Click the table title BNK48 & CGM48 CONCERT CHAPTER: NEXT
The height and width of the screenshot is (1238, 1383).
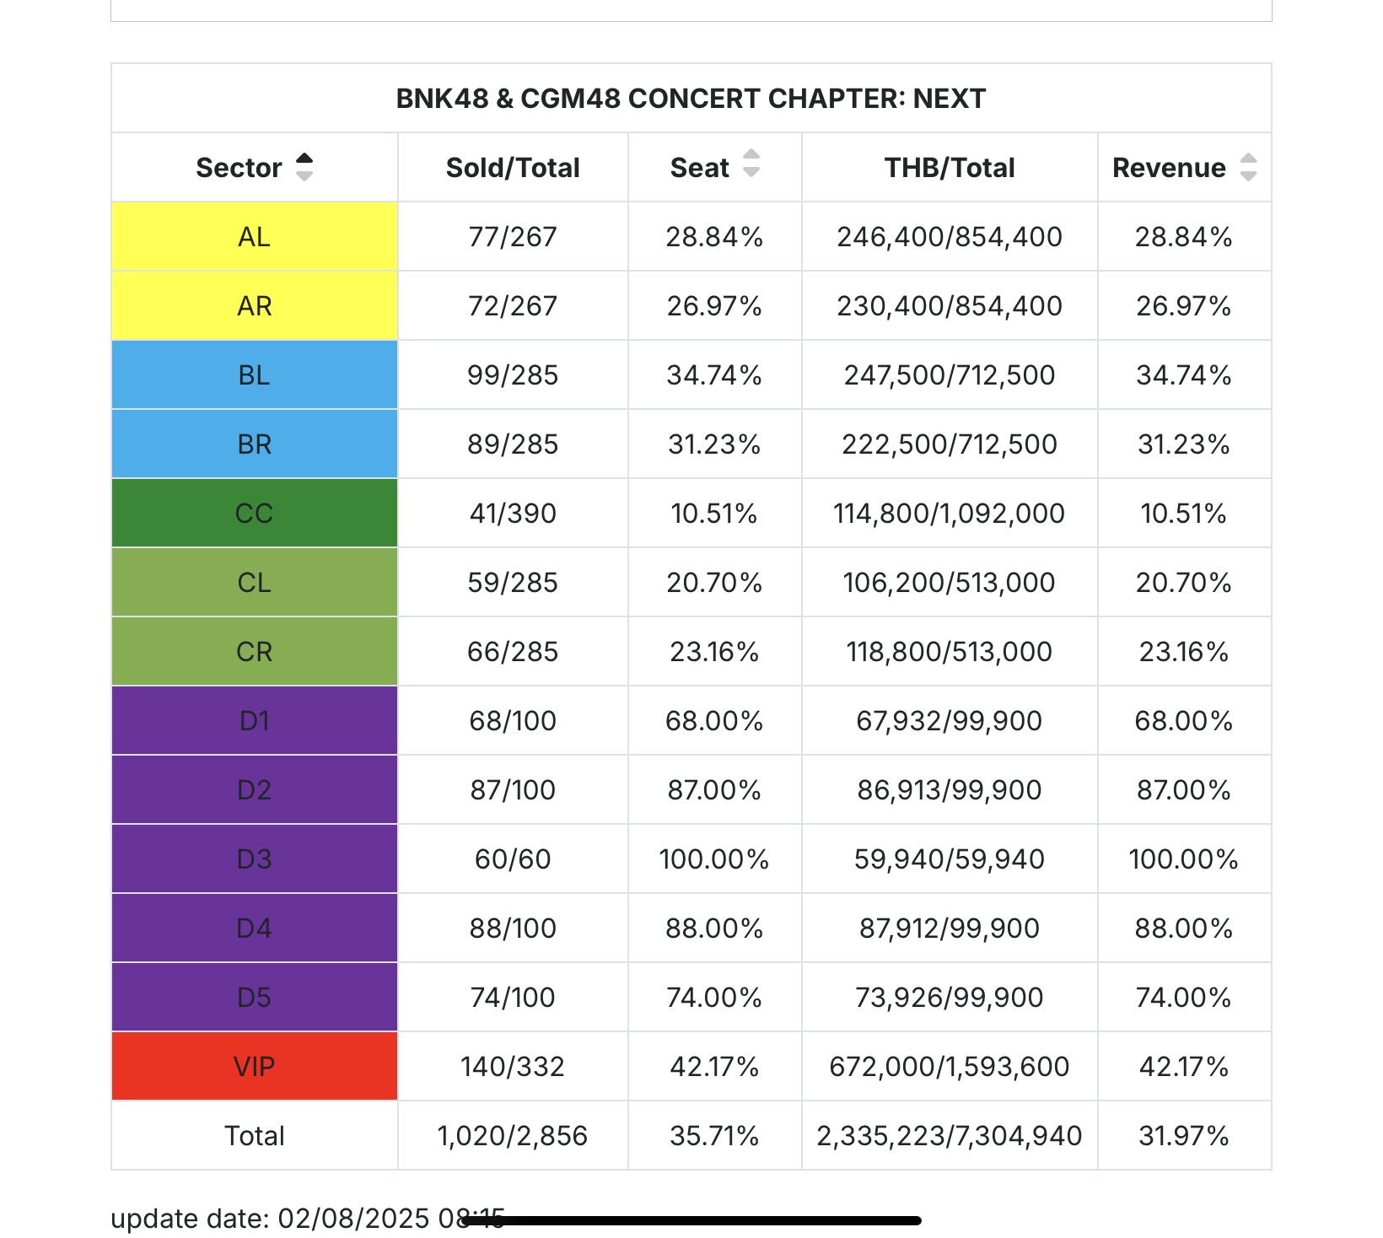click(x=691, y=99)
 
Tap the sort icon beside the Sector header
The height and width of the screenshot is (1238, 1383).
click(x=304, y=167)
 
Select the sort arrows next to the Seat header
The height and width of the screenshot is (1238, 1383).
click(x=751, y=164)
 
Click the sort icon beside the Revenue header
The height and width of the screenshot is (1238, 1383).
click(x=1249, y=167)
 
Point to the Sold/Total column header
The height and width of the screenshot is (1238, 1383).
click(x=513, y=168)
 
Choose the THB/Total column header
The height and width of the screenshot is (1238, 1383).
click(x=950, y=168)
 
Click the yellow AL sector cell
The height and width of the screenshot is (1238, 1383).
click(x=255, y=237)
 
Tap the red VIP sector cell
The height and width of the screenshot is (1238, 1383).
click(x=255, y=1067)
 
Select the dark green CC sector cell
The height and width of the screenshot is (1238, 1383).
click(x=255, y=514)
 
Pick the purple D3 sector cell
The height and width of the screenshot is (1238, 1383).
click(x=255, y=859)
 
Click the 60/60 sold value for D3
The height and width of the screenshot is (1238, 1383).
click(x=513, y=859)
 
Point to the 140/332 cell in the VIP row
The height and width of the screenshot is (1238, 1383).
click(x=513, y=1067)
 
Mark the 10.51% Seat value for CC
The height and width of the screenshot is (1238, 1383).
click(x=714, y=514)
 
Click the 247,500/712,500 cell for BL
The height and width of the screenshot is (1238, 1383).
click(x=950, y=375)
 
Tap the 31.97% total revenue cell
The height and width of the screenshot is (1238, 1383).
click(x=1184, y=1136)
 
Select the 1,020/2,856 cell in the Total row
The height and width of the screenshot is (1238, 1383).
click(x=513, y=1136)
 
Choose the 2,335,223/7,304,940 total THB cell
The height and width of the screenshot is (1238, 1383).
click(x=950, y=1136)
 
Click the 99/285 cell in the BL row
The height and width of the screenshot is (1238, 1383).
click(x=513, y=375)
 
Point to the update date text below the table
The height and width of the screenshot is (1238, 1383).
click(x=308, y=1219)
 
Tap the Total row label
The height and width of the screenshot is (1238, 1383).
click(x=255, y=1136)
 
